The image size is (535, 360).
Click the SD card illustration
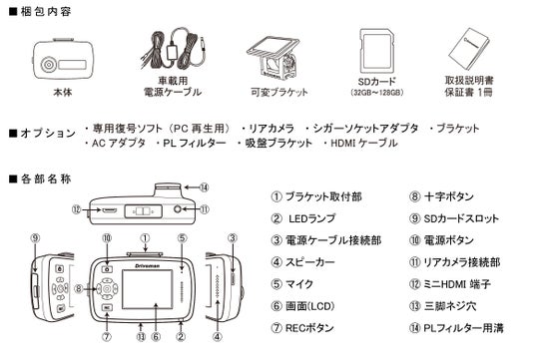[x=377, y=51]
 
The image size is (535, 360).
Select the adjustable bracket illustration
[x=273, y=58]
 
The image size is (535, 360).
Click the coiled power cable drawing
[x=173, y=50]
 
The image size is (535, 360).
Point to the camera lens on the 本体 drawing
[x=48, y=65]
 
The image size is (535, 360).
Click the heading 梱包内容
[x=46, y=12]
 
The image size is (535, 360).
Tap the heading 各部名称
[x=46, y=179]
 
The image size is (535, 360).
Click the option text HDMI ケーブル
[x=364, y=143]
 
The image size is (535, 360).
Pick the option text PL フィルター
[x=195, y=143]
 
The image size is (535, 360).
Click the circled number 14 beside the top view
[x=204, y=187]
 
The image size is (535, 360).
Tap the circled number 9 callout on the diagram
[x=36, y=238]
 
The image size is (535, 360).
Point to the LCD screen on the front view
[x=148, y=289]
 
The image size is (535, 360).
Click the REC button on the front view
[x=107, y=307]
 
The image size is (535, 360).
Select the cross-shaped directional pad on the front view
[x=107, y=289]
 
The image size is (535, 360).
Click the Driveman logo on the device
[x=147, y=265]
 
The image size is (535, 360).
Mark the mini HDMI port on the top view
[x=109, y=210]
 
